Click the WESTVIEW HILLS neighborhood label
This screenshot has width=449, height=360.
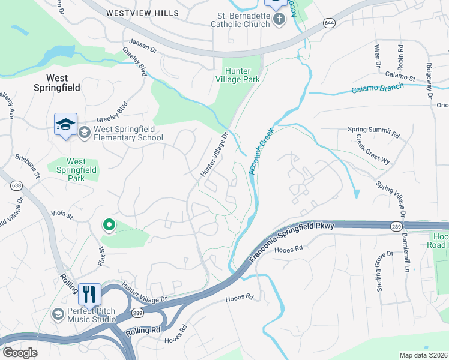(x=142, y=13)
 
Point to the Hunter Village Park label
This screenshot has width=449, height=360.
(x=241, y=74)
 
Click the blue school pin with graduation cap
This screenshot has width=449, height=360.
(x=65, y=124)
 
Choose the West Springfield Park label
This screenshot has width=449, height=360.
(x=76, y=170)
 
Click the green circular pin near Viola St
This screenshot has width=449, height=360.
(x=109, y=225)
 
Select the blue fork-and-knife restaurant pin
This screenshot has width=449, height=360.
(x=89, y=294)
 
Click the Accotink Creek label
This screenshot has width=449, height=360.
(x=261, y=150)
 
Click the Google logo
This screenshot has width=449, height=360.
(x=20, y=353)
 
